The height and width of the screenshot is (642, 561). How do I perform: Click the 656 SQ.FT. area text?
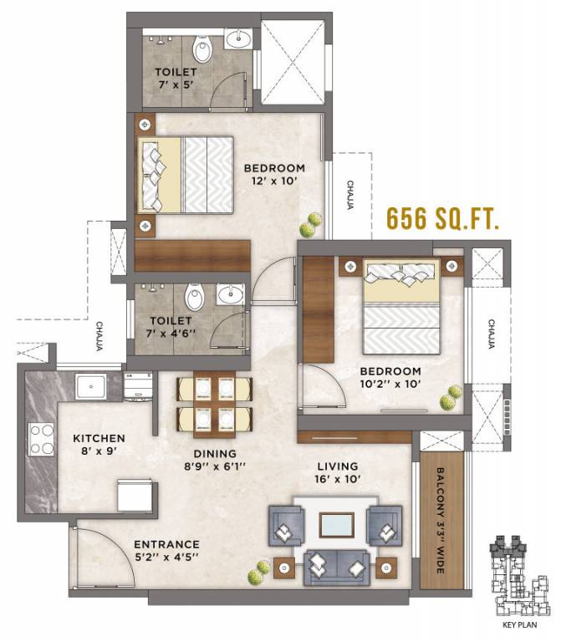point(442,219)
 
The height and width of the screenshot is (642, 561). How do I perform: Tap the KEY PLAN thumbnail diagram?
point(518,577)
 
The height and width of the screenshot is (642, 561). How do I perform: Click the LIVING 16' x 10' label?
point(338,473)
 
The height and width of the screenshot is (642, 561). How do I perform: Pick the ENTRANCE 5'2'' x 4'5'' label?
point(167,550)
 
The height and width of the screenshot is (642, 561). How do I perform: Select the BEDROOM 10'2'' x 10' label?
point(390,378)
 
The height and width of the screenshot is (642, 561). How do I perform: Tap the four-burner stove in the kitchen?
point(42,440)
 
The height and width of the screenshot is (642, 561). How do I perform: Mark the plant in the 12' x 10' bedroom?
point(311,223)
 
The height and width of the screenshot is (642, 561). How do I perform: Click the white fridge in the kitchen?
point(136,496)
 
